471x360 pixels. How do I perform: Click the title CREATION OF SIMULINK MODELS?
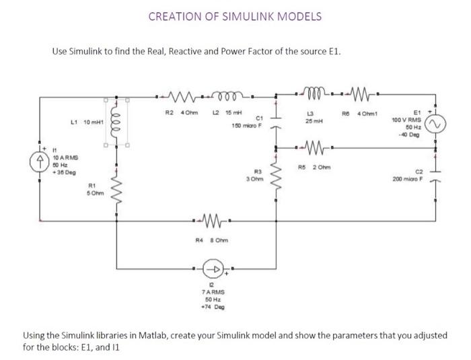(x=235, y=15)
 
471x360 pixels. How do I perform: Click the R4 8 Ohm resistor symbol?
(x=210, y=219)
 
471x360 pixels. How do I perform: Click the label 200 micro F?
(x=408, y=180)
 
